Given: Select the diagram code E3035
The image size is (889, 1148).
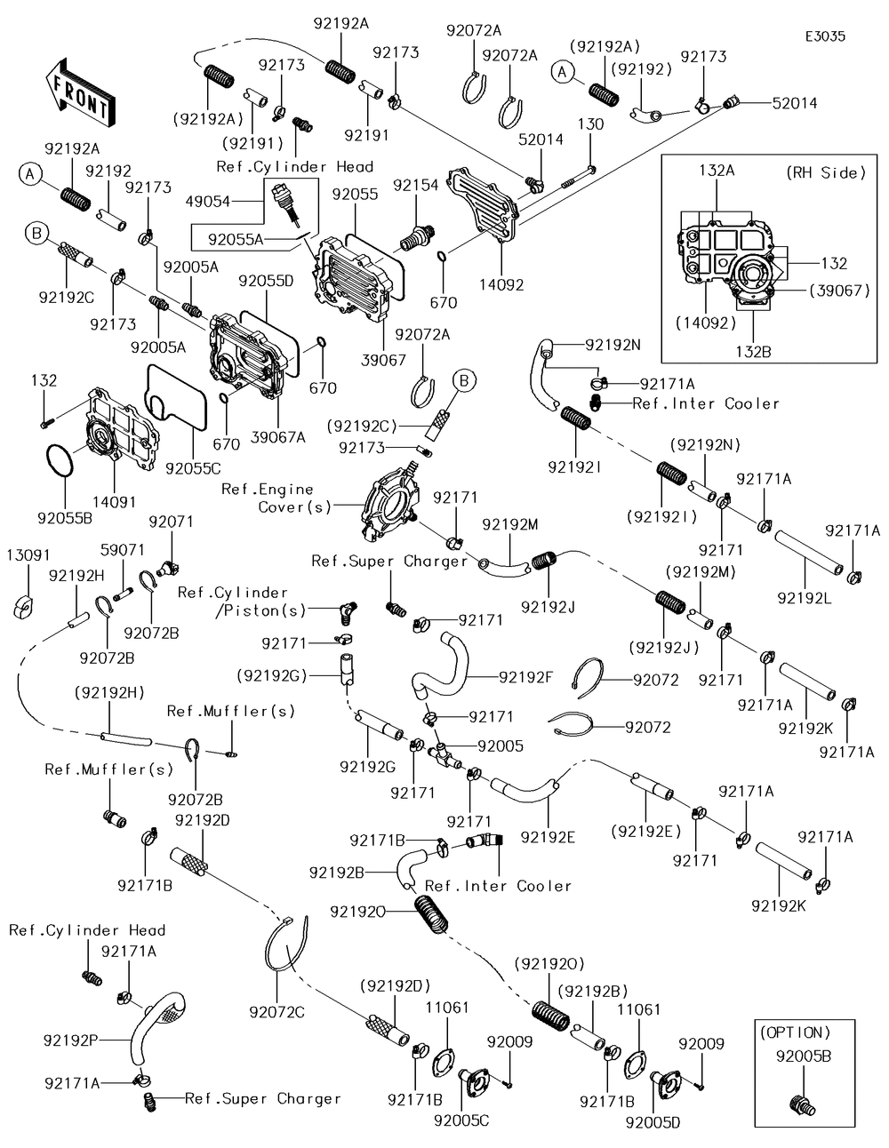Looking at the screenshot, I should pyautogui.click(x=825, y=36).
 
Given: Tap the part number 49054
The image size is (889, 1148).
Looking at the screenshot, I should pyautogui.click(x=206, y=202).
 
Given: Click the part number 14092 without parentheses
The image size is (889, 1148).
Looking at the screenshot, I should pyautogui.click(x=502, y=285).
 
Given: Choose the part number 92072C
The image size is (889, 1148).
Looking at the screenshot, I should pyautogui.click(x=276, y=1011).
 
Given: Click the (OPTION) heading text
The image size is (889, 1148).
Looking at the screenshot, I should pyautogui.click(x=797, y=1033).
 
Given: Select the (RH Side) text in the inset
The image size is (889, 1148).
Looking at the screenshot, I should pyautogui.click(x=826, y=172).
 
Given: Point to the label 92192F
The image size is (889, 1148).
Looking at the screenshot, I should pyautogui.click(x=526, y=677).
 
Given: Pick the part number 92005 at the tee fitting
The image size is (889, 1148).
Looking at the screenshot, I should pyautogui.click(x=501, y=746).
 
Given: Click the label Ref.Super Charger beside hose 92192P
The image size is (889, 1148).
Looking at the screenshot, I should pyautogui.click(x=263, y=1099).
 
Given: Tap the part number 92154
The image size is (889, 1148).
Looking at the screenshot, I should pyautogui.click(x=416, y=185).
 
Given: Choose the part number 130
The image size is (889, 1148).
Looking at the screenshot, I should pyautogui.click(x=591, y=124).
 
